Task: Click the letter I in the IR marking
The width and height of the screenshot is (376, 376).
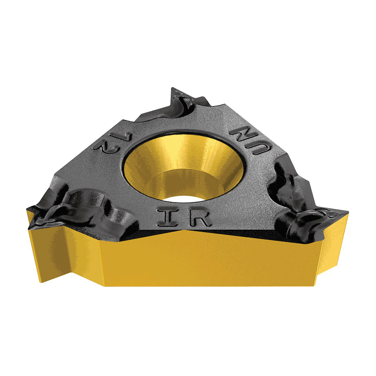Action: (x=168, y=217)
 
